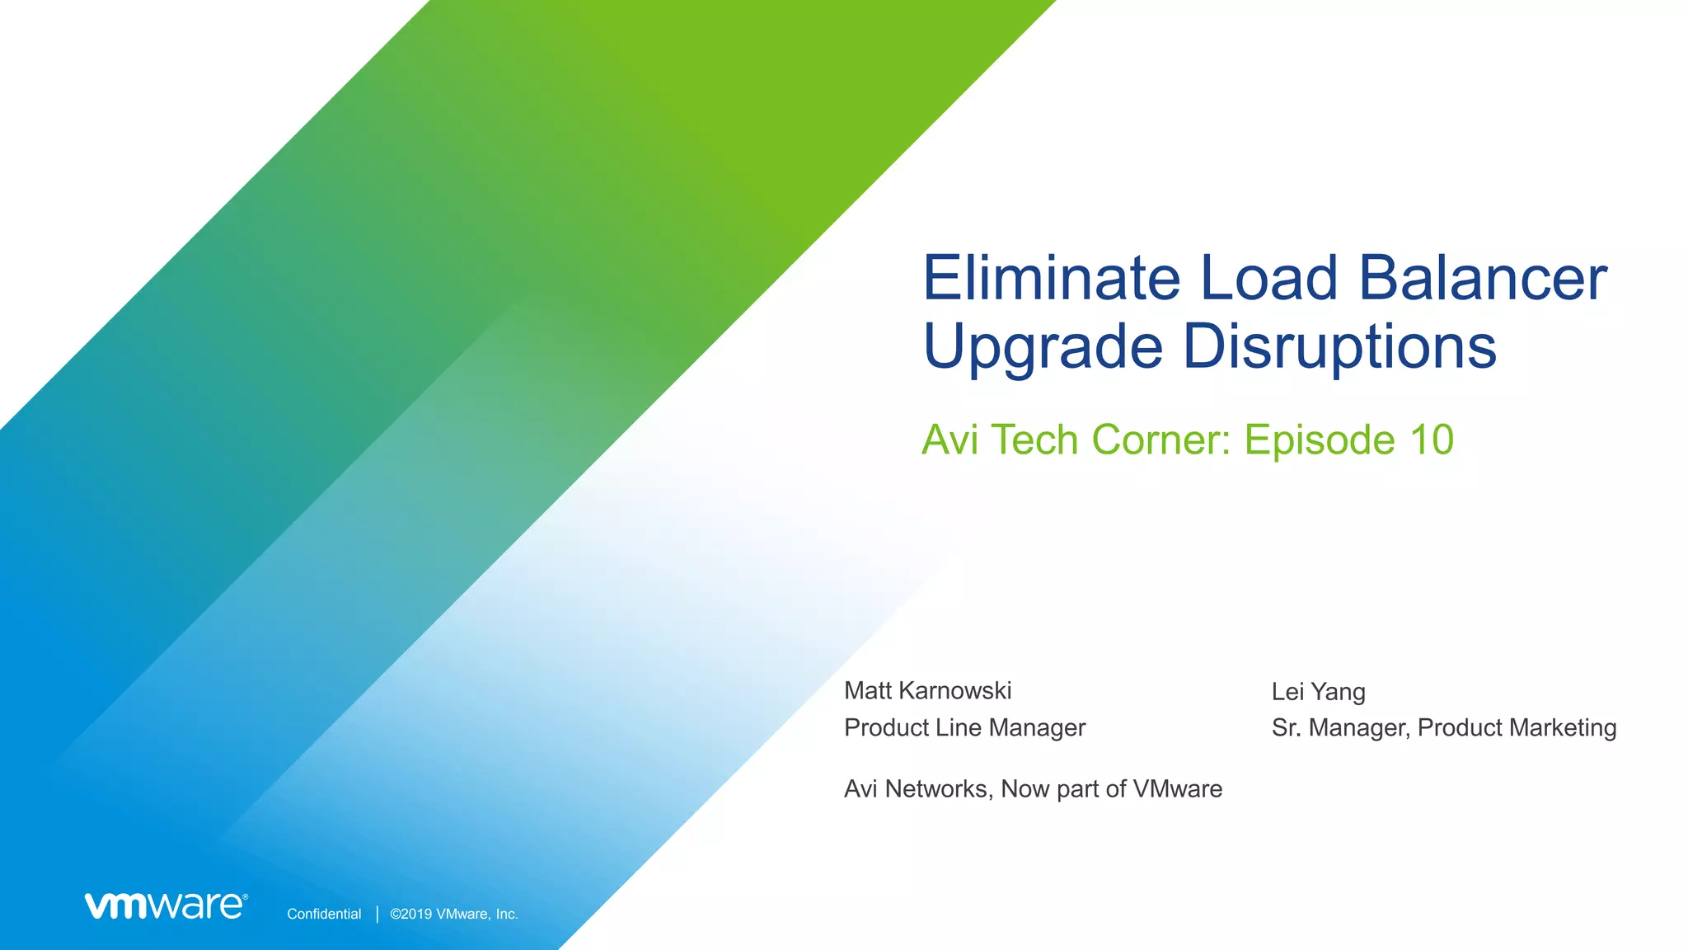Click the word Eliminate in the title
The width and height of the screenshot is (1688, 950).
click(x=1052, y=278)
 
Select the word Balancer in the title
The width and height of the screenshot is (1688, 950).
click(x=1482, y=278)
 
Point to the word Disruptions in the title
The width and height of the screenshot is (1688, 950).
click(x=1339, y=347)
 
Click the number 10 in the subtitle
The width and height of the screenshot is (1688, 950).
click(x=1431, y=440)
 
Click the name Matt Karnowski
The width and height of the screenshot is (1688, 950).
click(x=927, y=690)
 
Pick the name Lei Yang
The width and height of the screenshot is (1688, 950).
click(x=1318, y=691)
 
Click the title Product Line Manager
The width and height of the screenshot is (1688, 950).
click(x=964, y=727)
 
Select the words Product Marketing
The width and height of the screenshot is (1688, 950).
click(x=1517, y=727)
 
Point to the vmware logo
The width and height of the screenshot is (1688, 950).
click(x=166, y=905)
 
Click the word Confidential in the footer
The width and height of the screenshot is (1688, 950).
click(x=324, y=914)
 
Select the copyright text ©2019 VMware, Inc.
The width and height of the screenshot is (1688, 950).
click(x=453, y=914)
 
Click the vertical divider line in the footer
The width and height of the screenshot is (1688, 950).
click(x=377, y=914)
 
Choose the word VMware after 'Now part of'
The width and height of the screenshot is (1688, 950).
click(x=1177, y=789)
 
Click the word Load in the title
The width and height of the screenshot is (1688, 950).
click(x=1268, y=278)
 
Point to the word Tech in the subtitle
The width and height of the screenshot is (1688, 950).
click(x=1034, y=440)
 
